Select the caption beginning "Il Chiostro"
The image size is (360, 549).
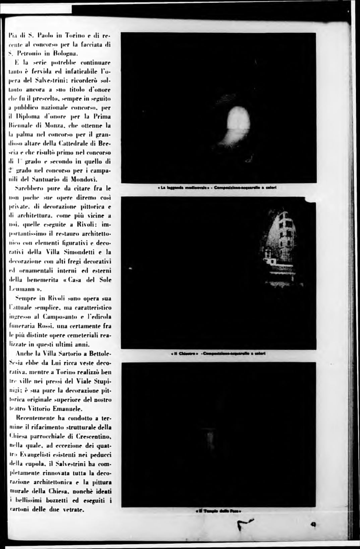tap(219, 353)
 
